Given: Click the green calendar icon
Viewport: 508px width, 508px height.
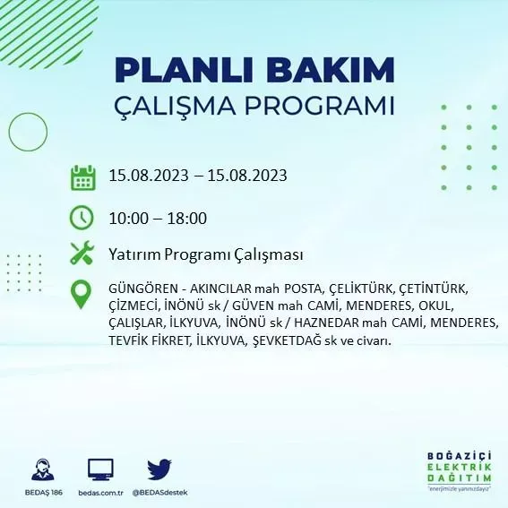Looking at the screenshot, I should click(82, 177).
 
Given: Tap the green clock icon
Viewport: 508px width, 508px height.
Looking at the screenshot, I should click(82, 218).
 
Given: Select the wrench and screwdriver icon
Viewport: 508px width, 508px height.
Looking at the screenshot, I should click(82, 254).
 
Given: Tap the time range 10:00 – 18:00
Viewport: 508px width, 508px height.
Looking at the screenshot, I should click(159, 218).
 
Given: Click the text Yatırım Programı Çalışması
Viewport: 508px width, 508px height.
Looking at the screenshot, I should click(205, 254).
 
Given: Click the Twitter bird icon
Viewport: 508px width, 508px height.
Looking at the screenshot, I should click(159, 469).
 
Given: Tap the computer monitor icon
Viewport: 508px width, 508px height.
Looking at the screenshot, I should click(100, 469).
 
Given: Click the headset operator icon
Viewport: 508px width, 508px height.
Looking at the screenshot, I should click(39, 469).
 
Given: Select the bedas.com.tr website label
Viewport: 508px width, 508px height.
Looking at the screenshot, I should click(99, 493).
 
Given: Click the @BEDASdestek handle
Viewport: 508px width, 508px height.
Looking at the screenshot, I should click(159, 493).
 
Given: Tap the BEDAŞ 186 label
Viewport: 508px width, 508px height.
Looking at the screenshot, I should click(39, 493).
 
